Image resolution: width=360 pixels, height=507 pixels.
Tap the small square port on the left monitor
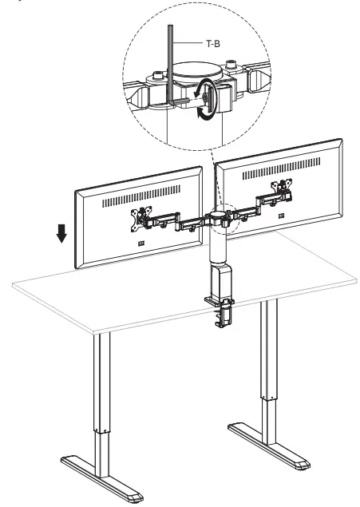142,244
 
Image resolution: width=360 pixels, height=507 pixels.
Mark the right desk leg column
267,367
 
